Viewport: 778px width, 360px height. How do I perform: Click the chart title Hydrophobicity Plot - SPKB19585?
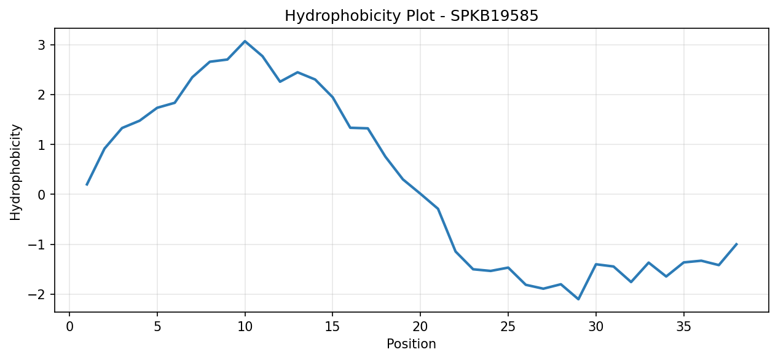click(412, 16)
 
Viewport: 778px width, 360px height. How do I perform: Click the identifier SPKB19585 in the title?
click(495, 15)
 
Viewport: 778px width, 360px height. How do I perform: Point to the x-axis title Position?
click(411, 343)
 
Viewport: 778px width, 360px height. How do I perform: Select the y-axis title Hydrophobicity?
click(15, 172)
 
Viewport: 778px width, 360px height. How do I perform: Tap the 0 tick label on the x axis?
click(69, 327)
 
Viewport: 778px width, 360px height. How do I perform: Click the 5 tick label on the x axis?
click(157, 327)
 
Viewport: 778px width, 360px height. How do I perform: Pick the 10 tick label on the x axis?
click(245, 327)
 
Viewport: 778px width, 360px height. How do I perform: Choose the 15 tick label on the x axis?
click(332, 327)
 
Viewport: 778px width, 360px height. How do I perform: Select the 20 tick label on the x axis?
click(420, 327)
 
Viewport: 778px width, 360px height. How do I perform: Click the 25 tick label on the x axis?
click(508, 327)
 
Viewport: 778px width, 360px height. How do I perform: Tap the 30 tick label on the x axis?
click(596, 327)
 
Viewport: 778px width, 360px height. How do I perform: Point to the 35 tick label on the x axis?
click(684, 327)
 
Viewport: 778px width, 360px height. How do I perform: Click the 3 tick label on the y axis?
click(42, 45)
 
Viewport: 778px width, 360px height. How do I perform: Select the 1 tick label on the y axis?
click(42, 145)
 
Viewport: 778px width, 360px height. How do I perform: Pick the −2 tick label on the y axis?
click(37, 295)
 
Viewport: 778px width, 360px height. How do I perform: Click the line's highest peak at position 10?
click(245, 41)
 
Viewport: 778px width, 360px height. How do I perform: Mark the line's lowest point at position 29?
click(578, 299)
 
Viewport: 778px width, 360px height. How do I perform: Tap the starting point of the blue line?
click(87, 185)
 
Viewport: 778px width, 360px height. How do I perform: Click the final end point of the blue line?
click(736, 244)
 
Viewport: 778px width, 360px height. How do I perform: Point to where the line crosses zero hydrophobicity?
click(420, 194)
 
